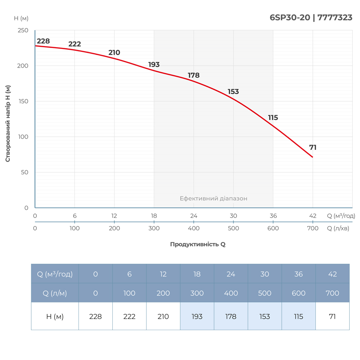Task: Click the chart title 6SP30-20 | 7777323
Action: (x=311, y=18)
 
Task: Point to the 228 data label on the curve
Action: (x=43, y=41)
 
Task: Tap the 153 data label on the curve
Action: (x=233, y=92)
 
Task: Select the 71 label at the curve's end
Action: (x=313, y=148)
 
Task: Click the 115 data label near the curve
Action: (x=273, y=118)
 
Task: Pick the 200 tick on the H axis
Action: (x=23, y=66)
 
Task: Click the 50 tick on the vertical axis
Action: (x=24, y=172)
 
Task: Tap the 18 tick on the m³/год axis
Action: (x=154, y=216)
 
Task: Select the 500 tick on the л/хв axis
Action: (x=234, y=228)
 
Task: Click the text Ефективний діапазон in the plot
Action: (x=213, y=198)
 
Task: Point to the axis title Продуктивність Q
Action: (x=198, y=244)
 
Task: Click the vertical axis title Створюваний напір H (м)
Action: (x=8, y=123)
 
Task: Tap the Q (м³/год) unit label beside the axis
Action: (x=341, y=216)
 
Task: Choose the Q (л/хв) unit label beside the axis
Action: (x=338, y=228)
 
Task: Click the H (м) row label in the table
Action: (x=55, y=317)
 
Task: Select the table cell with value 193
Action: (x=197, y=317)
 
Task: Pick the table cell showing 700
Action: (x=332, y=293)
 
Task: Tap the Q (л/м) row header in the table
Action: (x=55, y=293)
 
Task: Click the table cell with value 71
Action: (x=332, y=317)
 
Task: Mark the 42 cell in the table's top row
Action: (x=332, y=274)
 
